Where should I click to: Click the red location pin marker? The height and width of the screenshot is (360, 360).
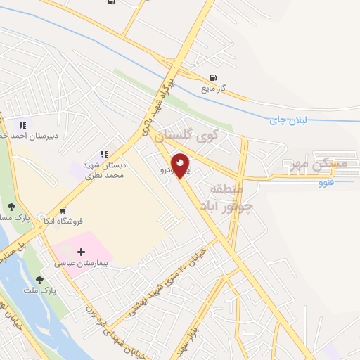click(x=181, y=165)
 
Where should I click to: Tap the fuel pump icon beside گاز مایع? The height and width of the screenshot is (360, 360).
click(x=212, y=78)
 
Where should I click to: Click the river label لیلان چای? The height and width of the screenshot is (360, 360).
click(x=288, y=120)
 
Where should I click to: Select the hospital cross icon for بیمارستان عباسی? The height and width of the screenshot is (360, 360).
click(x=82, y=252)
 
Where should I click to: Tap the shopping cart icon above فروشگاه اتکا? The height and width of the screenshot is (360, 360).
click(x=63, y=210)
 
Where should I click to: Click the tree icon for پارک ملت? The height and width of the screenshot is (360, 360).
click(x=46, y=279)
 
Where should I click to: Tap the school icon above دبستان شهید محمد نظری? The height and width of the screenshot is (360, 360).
click(x=104, y=154)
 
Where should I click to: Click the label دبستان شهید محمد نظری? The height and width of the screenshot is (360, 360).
click(x=104, y=169)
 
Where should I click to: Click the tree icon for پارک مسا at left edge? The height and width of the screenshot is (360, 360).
click(x=11, y=206)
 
